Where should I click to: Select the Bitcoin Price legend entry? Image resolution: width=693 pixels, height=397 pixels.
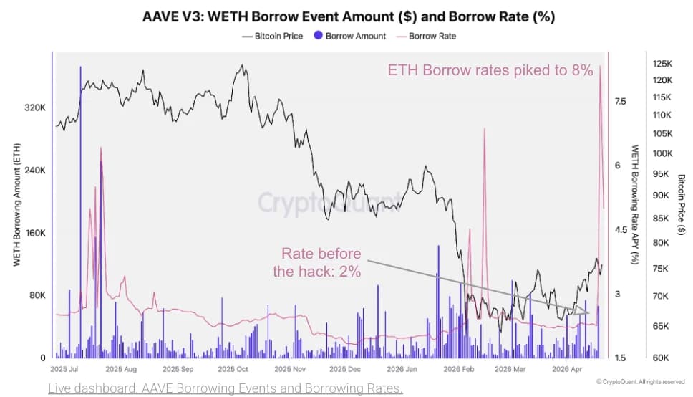click(273, 36)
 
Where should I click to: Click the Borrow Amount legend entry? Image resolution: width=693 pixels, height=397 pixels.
click(350, 36)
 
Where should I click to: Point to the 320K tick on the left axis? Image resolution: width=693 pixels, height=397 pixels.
click(35, 107)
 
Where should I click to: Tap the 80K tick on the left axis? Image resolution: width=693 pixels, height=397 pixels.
click(37, 295)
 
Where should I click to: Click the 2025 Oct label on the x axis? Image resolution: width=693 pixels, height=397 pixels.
click(233, 370)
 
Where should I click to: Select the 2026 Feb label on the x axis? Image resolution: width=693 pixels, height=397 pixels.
click(459, 370)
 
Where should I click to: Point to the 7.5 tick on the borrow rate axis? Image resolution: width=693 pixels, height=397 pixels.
click(620, 102)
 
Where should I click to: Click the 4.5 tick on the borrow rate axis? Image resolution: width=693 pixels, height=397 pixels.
click(620, 230)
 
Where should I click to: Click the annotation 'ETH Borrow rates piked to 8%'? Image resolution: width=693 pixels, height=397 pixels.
click(490, 70)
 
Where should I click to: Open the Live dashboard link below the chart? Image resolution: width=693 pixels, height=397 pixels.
click(226, 388)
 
